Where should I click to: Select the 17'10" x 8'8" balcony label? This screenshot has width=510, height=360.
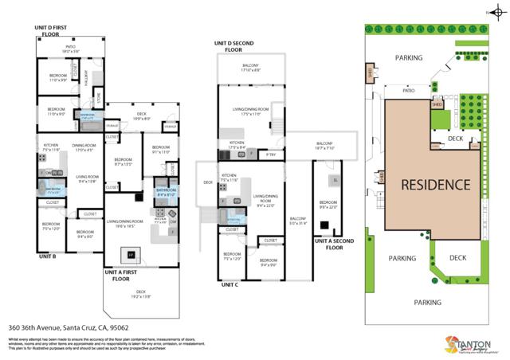(x=251, y=67)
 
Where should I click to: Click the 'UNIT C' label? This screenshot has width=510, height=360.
(x=230, y=284)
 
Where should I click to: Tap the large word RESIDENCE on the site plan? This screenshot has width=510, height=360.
(x=434, y=185)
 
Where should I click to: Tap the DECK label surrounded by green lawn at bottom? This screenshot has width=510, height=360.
(x=457, y=257)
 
